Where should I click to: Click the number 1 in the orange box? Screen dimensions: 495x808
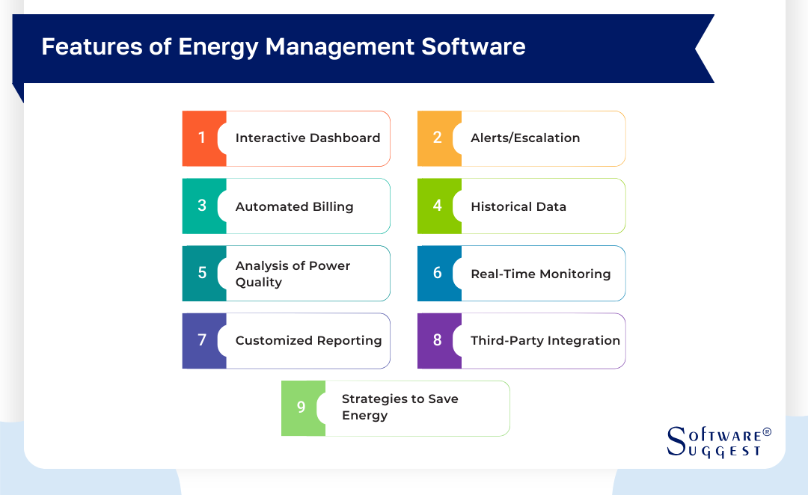pyautogui.click(x=201, y=138)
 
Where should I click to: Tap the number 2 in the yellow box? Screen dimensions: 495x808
pyautogui.click(x=437, y=138)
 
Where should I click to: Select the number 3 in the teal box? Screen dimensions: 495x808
pyautogui.click(x=201, y=206)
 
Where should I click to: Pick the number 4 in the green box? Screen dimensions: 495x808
pyautogui.click(x=437, y=206)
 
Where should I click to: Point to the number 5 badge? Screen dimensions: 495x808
pyautogui.click(x=201, y=274)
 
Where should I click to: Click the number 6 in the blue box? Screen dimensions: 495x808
pyautogui.click(x=437, y=274)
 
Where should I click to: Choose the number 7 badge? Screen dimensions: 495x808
pyautogui.click(x=201, y=341)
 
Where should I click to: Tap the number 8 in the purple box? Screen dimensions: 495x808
pyautogui.click(x=437, y=341)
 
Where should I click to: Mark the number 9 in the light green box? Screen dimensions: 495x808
pyautogui.click(x=301, y=408)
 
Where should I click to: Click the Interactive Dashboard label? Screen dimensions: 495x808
pyautogui.click(x=307, y=138)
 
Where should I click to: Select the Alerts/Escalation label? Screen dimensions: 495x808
pyautogui.click(x=525, y=138)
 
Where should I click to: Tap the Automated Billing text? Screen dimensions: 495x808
pyautogui.click(x=294, y=206)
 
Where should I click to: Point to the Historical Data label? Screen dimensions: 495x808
pyautogui.click(x=518, y=206)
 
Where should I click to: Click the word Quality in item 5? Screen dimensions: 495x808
pyautogui.click(x=259, y=283)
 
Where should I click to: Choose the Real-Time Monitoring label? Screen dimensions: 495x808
pyautogui.click(x=540, y=274)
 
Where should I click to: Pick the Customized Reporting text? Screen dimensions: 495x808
pyautogui.click(x=308, y=341)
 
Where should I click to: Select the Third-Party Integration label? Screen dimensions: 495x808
pyautogui.click(x=545, y=341)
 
